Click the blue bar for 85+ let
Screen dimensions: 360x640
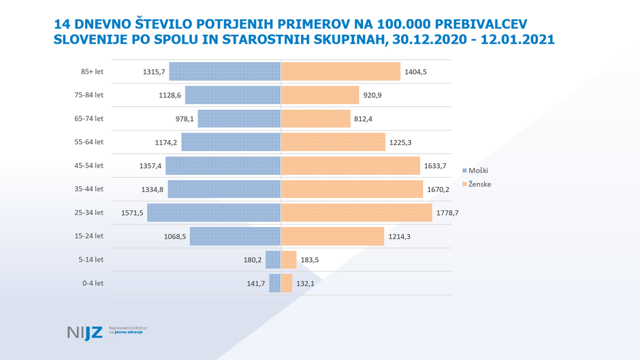225,71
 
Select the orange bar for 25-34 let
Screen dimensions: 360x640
356,212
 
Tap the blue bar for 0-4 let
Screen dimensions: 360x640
274,283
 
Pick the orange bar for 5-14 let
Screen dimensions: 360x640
289,259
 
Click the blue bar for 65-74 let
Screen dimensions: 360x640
239,118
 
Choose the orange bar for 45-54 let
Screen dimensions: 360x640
350,165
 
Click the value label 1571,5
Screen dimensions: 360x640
132,212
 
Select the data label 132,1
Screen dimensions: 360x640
307,283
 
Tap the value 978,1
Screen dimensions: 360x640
185,118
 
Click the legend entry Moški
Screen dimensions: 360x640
478,170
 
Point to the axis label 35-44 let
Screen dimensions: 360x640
89,189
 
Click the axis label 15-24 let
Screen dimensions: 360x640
89,235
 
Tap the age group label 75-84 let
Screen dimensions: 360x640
89,95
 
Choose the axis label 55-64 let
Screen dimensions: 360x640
89,142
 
